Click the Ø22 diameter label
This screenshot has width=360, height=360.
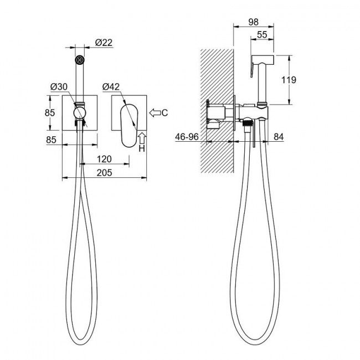tap(104, 43)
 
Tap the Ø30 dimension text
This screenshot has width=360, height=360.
tap(59, 87)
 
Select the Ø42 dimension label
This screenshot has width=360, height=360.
tap(111, 87)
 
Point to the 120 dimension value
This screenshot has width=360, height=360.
tap(104, 159)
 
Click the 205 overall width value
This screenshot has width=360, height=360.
tap(104, 173)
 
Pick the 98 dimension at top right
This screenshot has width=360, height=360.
tap(254, 22)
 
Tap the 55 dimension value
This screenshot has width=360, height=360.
tap(262, 35)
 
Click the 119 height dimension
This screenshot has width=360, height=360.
tap(289, 80)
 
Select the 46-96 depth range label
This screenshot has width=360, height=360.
tap(187, 137)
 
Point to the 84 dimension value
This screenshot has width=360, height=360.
tap(279, 137)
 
